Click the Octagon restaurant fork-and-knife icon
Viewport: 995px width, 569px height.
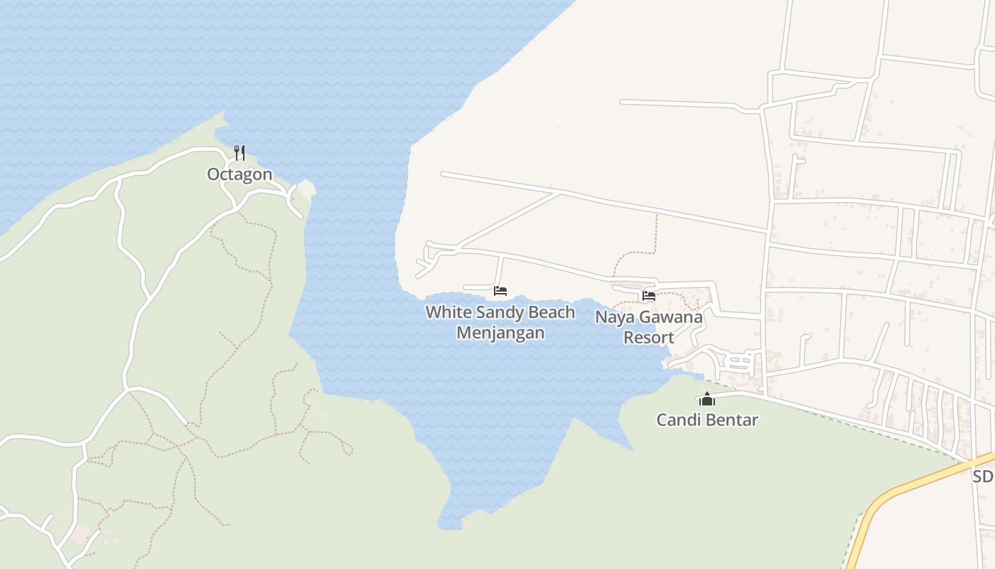pyautogui.click(x=240, y=152)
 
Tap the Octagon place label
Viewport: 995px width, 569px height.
pyautogui.click(x=240, y=174)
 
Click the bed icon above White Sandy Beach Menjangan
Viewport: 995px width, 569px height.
pyautogui.click(x=500, y=291)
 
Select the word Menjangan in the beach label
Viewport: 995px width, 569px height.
pyautogui.click(x=500, y=333)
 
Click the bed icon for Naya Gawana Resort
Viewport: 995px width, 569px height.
pyautogui.click(x=648, y=296)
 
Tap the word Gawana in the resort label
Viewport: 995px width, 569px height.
pyautogui.click(x=669, y=317)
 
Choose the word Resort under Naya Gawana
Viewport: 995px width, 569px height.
pyautogui.click(x=648, y=338)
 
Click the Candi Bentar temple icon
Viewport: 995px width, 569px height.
pyautogui.click(x=706, y=399)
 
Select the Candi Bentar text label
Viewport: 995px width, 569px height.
pyautogui.click(x=706, y=420)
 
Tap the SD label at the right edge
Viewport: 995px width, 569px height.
pyautogui.click(x=982, y=477)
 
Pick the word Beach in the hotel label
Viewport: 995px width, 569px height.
pyautogui.click(x=552, y=312)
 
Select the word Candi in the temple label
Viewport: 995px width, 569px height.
pyautogui.click(x=675, y=420)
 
